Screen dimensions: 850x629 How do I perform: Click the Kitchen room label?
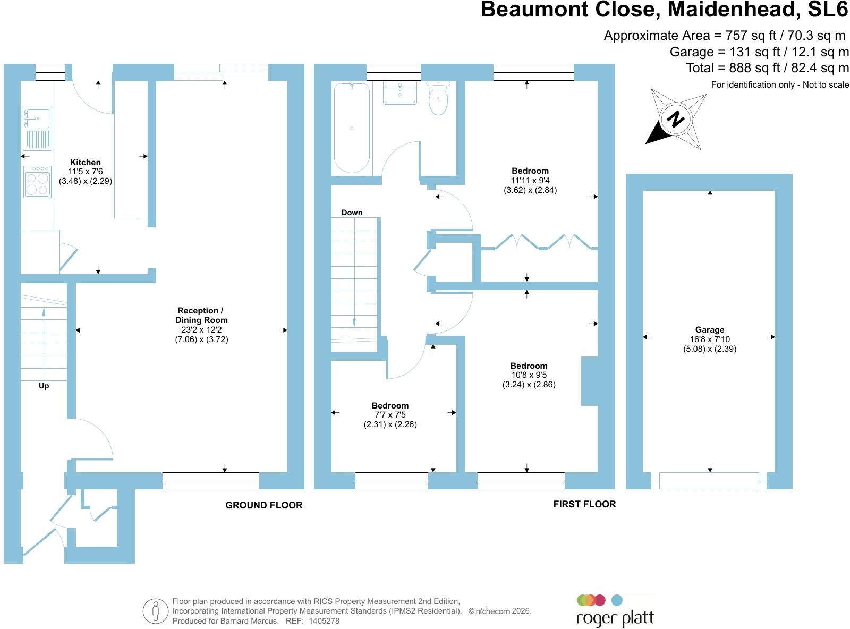click(x=85, y=163)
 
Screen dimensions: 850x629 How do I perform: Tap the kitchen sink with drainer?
click(x=37, y=129)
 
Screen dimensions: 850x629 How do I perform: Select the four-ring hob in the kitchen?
click(x=37, y=182)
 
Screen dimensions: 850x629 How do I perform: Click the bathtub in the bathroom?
click(x=352, y=127)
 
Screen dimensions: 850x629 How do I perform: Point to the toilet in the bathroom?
click(x=438, y=98)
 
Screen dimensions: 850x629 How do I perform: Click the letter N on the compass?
click(x=675, y=118)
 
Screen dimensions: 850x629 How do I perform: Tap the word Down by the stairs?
click(x=352, y=212)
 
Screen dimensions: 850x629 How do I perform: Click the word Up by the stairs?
click(x=44, y=386)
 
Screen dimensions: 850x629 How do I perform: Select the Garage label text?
click(x=709, y=329)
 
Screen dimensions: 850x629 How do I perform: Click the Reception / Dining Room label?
click(x=201, y=316)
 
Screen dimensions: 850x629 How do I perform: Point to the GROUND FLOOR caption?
click(x=263, y=505)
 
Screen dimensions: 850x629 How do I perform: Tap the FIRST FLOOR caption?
click(x=584, y=504)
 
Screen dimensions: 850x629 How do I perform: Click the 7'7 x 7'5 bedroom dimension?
click(x=390, y=415)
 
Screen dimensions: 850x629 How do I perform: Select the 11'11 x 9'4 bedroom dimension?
click(x=530, y=180)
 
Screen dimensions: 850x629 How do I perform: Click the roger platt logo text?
click(x=615, y=618)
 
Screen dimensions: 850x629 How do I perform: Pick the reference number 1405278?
click(x=324, y=621)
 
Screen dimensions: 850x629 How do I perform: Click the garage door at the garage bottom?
click(x=709, y=481)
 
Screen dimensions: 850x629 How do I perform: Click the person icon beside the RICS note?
click(x=155, y=611)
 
